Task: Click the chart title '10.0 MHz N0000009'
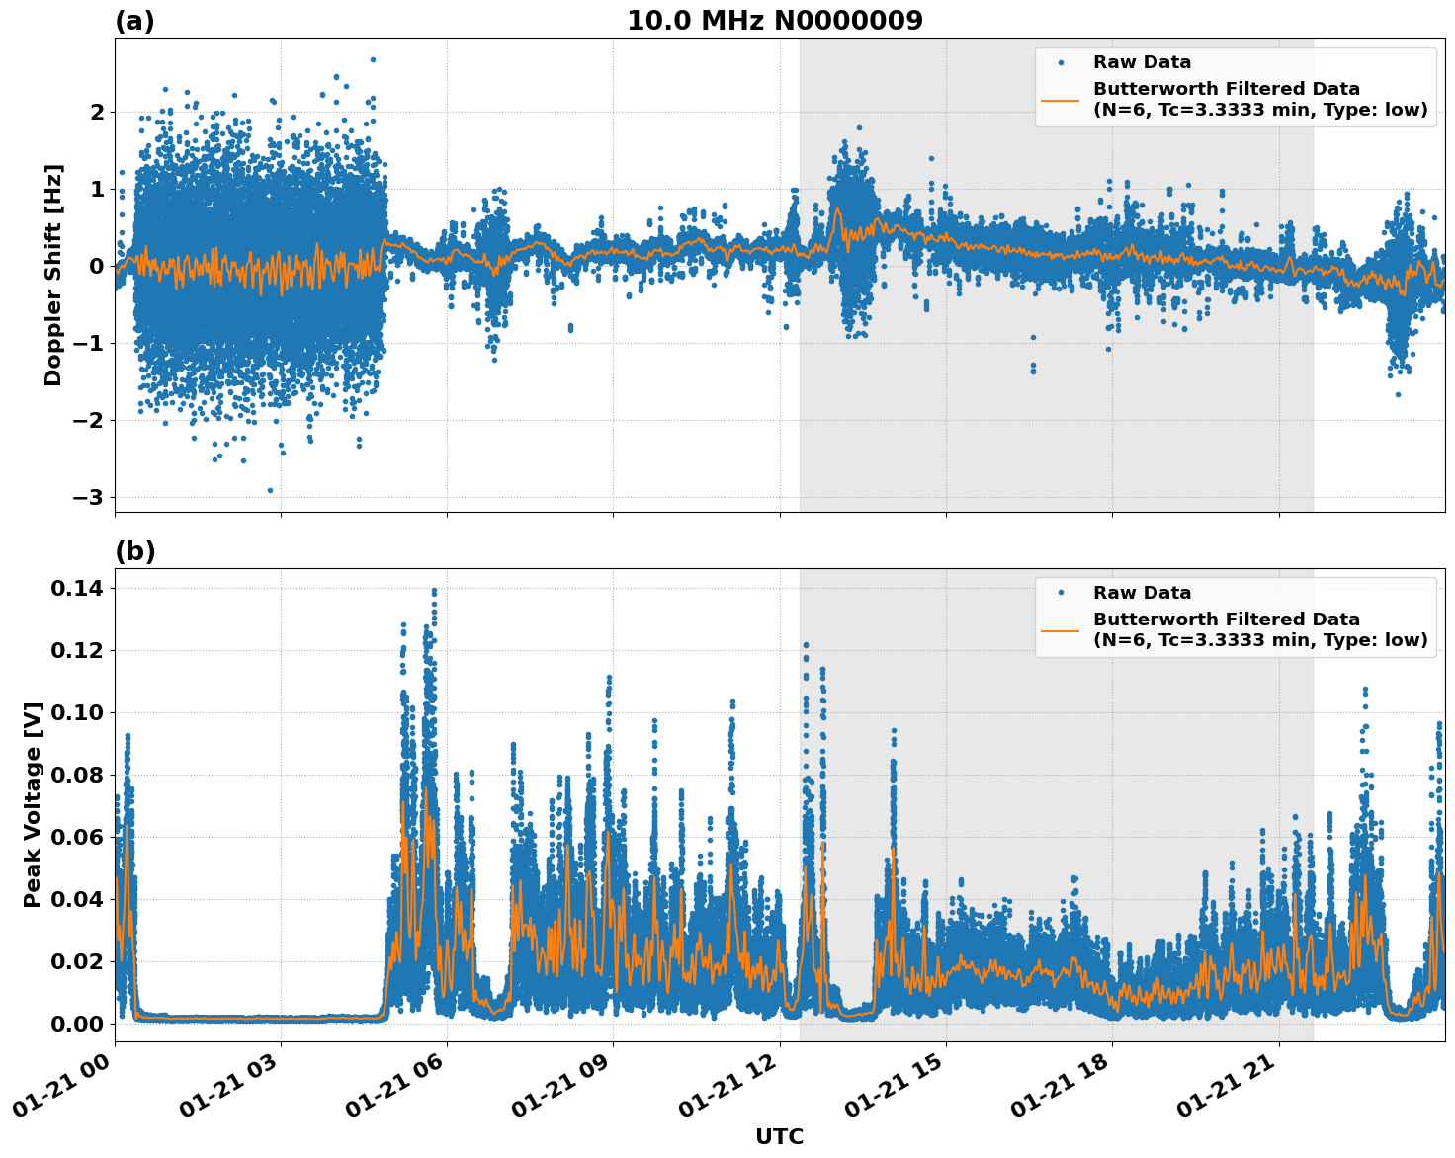pos(775,21)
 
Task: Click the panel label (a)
pos(134,21)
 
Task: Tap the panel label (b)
pos(134,551)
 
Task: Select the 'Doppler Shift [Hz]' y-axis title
pos(53,275)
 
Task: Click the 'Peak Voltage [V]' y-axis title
pos(33,805)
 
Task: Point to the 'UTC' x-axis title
pos(779,1136)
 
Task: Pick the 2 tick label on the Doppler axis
pos(97,112)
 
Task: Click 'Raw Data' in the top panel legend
pos(1142,62)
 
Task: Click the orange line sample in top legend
pos(1061,99)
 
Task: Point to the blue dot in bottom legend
pos(1061,593)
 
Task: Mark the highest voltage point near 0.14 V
pos(434,591)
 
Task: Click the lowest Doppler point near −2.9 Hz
pos(270,490)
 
